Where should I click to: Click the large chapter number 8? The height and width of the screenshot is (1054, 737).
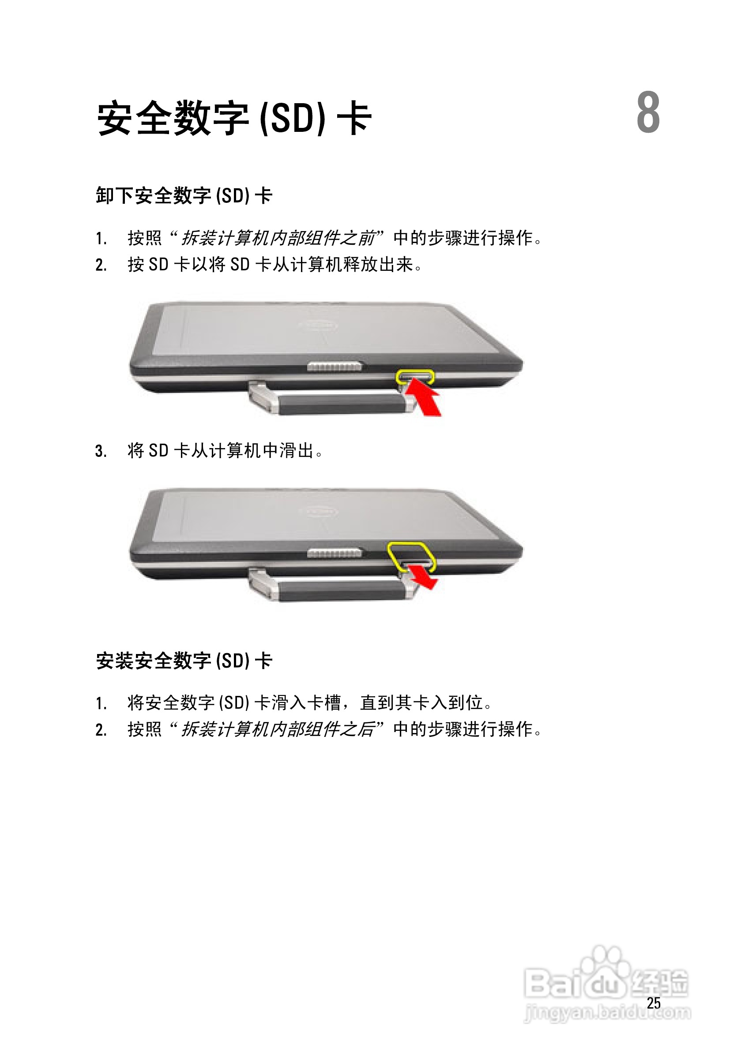coord(648,112)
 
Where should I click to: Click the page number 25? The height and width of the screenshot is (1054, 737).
coord(654,1003)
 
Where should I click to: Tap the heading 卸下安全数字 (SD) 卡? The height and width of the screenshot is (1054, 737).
coord(184,195)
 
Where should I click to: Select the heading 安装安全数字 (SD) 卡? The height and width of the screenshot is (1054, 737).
coord(184,661)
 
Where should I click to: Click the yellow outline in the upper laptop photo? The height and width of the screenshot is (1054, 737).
coord(415,377)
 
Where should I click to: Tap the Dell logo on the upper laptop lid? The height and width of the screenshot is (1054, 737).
coord(319,326)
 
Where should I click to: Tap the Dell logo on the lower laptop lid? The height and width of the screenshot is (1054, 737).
coord(319,511)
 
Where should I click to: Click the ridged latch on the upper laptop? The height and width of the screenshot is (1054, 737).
coord(335,367)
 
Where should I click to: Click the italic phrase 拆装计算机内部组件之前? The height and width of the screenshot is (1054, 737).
coord(278,238)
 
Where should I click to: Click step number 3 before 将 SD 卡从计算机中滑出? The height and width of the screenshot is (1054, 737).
coord(101,451)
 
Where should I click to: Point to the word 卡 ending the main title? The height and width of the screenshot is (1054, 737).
coord(354,118)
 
